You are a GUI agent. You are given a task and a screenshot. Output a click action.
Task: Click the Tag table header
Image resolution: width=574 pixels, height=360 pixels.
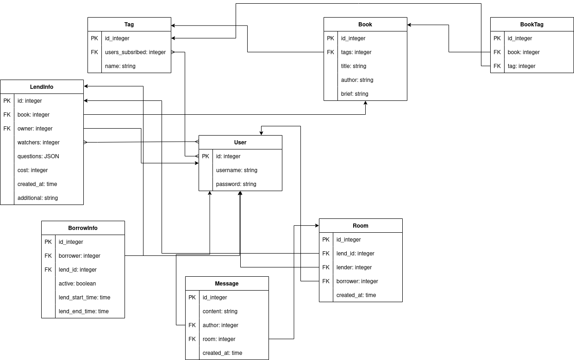pos(129,25)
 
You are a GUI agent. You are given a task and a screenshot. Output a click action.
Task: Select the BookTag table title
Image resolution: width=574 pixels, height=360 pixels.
pos(532,25)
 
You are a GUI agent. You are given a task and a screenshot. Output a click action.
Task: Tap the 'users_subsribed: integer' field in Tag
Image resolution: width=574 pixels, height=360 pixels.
pos(135,52)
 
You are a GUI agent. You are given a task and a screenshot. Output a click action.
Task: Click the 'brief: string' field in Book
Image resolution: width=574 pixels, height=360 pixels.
pos(355,94)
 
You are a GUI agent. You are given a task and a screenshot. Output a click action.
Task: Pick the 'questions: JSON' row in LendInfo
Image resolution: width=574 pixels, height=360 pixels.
pos(38,156)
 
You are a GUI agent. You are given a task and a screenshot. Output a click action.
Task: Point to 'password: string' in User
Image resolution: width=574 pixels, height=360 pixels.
pos(236,184)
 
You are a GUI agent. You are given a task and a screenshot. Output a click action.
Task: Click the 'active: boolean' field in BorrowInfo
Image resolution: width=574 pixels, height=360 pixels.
pos(77,284)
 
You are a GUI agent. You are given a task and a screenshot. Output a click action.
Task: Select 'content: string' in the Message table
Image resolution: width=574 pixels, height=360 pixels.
pos(220,311)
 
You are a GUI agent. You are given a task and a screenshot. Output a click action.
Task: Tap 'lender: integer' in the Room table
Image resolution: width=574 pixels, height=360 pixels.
pos(354,267)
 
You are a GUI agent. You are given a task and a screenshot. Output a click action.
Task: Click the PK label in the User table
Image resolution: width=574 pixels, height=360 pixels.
pos(206,156)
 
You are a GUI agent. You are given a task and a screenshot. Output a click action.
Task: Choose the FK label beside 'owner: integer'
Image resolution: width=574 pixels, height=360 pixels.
pos(7,129)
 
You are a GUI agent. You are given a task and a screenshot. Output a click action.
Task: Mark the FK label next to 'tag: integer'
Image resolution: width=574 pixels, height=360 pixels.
pos(497,66)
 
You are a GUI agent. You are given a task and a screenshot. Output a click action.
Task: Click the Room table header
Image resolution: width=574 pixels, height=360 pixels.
pos(361,226)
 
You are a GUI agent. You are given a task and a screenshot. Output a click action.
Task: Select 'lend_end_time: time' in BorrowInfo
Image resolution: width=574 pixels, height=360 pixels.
pos(84,311)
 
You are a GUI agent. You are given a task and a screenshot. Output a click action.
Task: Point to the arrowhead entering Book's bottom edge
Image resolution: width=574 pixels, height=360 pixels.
pos(365,103)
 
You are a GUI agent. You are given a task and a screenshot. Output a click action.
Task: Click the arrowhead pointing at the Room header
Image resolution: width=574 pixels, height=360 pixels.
pos(317,226)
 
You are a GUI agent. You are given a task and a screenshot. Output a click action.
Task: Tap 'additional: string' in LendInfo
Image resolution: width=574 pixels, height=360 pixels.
pos(37,198)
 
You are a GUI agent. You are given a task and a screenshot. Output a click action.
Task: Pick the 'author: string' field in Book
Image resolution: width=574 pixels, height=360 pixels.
pos(357,80)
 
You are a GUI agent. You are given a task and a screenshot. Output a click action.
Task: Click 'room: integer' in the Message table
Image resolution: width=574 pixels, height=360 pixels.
pos(219,339)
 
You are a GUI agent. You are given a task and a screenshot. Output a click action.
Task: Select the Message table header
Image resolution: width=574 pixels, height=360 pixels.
pos(227,284)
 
